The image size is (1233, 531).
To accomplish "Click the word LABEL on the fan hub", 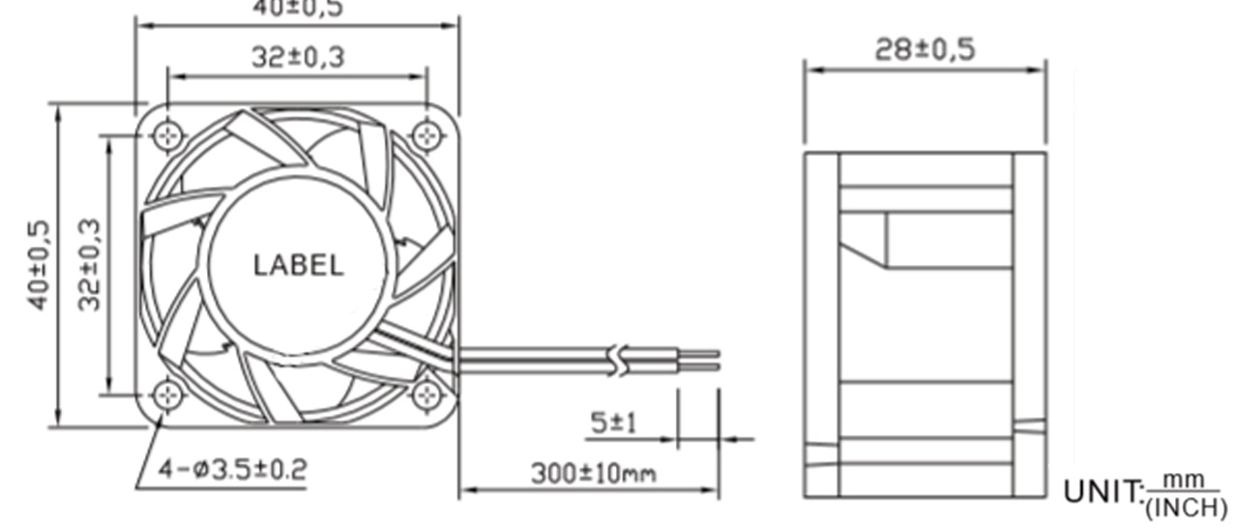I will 298,265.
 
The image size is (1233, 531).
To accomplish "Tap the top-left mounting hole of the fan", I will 168,135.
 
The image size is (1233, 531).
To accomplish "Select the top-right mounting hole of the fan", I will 426,135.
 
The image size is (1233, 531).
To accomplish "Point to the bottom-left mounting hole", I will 168,394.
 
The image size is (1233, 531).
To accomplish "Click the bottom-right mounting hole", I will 426,394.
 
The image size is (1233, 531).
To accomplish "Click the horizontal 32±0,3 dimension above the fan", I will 298,57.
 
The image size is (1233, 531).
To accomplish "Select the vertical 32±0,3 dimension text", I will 90,264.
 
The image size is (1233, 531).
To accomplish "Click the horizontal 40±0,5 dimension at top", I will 298,9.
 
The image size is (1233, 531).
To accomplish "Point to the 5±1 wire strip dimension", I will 613,423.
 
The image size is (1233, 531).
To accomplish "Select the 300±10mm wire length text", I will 592,474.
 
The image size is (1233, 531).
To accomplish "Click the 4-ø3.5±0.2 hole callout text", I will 232,471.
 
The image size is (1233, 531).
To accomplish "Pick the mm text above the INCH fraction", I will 1184,481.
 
